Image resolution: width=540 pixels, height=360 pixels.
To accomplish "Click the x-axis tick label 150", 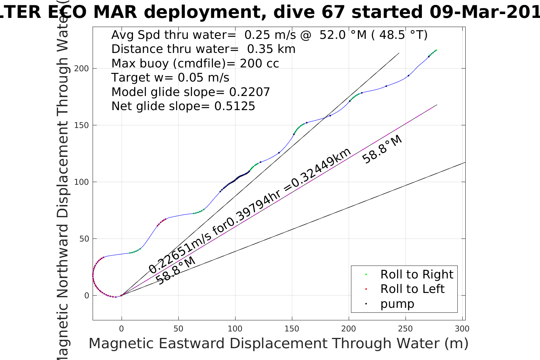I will [x=292, y=329].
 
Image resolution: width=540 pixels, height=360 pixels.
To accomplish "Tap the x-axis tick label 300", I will [x=462, y=329].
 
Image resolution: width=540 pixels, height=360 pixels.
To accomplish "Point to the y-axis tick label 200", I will [x=82, y=69].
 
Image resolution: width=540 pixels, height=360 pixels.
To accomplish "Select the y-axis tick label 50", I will [x=83, y=239].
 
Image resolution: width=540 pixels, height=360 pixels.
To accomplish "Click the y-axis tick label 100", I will [x=82, y=182].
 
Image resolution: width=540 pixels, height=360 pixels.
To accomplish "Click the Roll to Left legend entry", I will [x=412, y=289].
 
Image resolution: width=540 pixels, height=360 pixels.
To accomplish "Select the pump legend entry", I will [x=397, y=304].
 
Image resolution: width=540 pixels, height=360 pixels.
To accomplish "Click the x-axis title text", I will [x=278, y=343].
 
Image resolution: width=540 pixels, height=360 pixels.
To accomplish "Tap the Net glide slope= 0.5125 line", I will [x=183, y=106].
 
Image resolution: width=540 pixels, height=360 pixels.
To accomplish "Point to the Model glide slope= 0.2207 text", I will [x=191, y=92].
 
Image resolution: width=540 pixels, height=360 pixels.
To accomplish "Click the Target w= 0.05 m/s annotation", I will [x=170, y=78].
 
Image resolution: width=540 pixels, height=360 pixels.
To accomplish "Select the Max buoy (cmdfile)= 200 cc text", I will [x=195, y=63].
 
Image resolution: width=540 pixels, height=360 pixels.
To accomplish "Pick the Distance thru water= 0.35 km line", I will [x=203, y=49].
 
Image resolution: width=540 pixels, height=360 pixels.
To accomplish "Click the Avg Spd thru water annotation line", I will [x=269, y=35].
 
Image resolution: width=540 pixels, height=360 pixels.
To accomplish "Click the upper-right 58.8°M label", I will [x=382, y=149].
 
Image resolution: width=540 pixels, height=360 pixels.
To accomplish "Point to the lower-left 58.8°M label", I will [x=176, y=271].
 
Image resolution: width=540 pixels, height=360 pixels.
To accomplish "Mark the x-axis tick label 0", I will [x=122, y=329].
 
